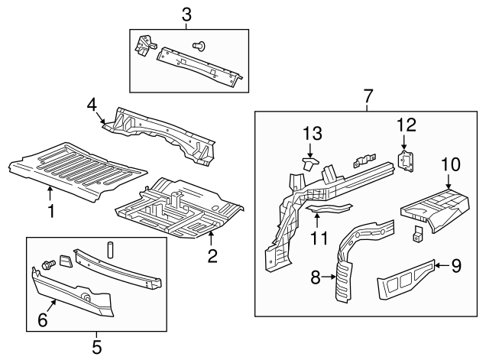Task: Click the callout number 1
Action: point(51,209)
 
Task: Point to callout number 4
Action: point(91,104)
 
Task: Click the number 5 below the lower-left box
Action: point(96,346)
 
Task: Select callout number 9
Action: point(455,265)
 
